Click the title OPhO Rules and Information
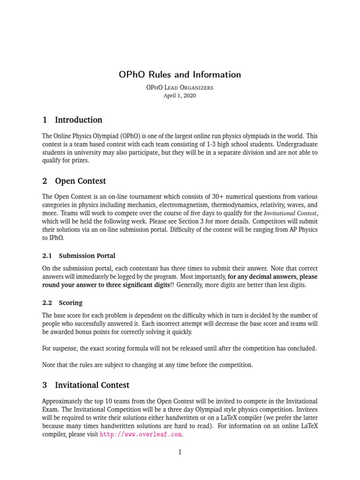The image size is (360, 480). tap(180, 75)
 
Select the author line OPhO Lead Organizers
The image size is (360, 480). tap(180, 87)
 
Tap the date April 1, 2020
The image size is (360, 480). tap(180, 96)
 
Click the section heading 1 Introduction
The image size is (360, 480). tap(72, 120)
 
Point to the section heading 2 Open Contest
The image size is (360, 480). tap(74, 181)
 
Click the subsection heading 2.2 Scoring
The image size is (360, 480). tap(62, 303)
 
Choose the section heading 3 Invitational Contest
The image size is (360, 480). tap(86, 385)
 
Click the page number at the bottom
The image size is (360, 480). tap(180, 452)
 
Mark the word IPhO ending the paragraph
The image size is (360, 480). tap(51, 238)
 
